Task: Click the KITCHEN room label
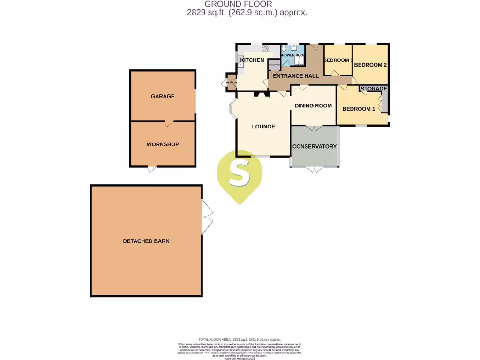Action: [x=252, y=60]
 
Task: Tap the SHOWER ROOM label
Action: [x=293, y=55]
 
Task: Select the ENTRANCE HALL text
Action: [x=296, y=76]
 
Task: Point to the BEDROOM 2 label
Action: [x=370, y=65]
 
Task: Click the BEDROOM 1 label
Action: [x=359, y=109]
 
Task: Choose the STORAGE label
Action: [x=374, y=89]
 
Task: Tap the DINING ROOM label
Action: [x=313, y=105]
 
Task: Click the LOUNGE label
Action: [x=263, y=127]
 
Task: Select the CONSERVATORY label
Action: [x=315, y=146]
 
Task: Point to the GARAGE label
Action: [x=163, y=96]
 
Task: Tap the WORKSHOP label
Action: [x=163, y=144]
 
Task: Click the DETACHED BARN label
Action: [x=146, y=241]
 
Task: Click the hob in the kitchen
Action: [x=265, y=48]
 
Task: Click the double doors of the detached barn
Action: [x=207, y=217]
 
